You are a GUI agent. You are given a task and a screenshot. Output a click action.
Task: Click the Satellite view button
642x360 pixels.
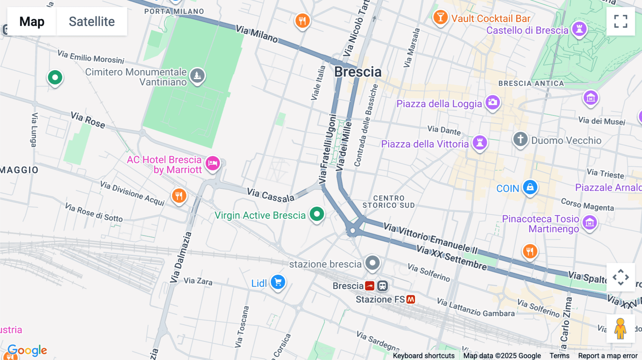[x=92, y=21]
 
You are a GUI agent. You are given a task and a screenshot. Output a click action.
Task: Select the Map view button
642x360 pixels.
[x=32, y=21]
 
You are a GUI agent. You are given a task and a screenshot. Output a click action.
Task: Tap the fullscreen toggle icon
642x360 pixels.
[x=621, y=21]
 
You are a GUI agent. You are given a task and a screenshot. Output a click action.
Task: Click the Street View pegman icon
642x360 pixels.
[x=620, y=328]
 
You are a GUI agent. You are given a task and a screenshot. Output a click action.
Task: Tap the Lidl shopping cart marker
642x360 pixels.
[x=278, y=282]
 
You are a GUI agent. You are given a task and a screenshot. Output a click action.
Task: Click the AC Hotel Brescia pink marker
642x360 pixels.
[x=213, y=163]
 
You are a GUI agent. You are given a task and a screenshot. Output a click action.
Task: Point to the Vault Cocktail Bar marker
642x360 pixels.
[x=440, y=17]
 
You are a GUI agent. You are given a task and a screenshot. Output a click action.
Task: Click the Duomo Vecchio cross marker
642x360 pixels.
[x=520, y=139]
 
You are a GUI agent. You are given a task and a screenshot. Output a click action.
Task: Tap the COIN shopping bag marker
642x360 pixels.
[x=530, y=187]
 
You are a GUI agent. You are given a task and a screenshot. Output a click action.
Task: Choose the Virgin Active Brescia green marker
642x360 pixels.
[x=317, y=214]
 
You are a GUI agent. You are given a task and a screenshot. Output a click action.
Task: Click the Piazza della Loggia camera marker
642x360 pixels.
[x=493, y=102]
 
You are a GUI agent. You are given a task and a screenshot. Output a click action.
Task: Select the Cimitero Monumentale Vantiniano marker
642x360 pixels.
[x=197, y=75]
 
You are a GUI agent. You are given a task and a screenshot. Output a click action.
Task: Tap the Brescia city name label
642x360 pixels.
[x=358, y=72]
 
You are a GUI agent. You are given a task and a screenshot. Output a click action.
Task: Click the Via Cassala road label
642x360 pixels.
[x=270, y=195]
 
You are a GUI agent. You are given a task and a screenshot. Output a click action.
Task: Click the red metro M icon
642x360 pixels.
[x=411, y=299]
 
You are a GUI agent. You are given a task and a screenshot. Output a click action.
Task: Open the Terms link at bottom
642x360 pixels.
[x=559, y=355]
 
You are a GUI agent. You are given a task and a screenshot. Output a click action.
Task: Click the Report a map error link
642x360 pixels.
[x=608, y=355]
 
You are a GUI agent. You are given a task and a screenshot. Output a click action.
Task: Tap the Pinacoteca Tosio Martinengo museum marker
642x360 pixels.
[x=590, y=222]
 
